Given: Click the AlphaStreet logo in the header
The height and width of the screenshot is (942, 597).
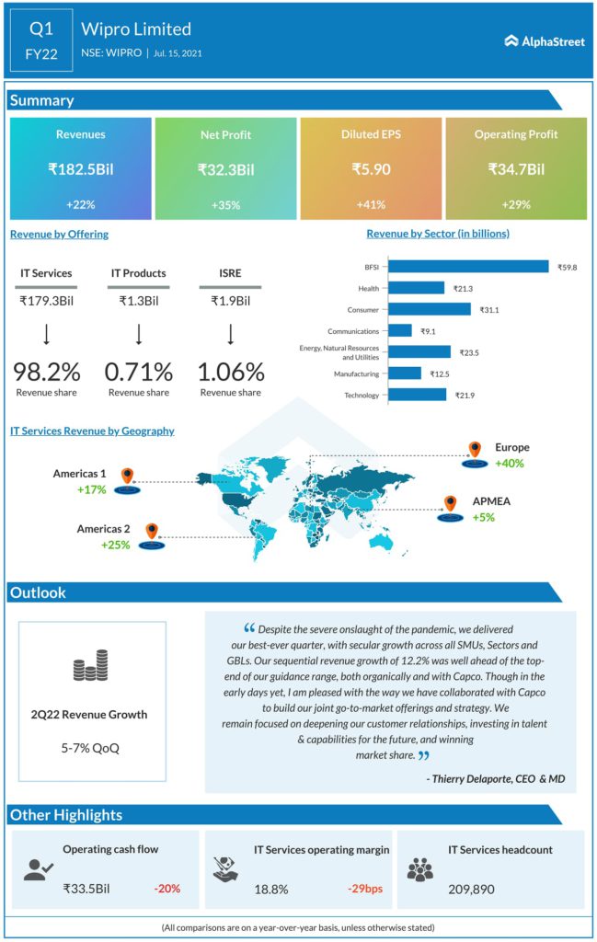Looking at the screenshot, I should [x=545, y=41].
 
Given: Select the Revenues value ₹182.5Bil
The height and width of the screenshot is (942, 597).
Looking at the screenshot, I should [x=80, y=169].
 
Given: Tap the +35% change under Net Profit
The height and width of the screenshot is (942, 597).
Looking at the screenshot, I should [x=225, y=204].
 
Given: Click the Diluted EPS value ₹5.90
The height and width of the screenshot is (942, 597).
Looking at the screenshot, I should [x=371, y=169].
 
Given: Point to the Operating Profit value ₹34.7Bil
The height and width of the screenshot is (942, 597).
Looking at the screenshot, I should [x=516, y=169].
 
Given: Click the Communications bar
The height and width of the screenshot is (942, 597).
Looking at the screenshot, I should [x=401, y=330].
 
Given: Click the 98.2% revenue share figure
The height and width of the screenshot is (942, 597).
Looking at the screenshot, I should [x=46, y=372].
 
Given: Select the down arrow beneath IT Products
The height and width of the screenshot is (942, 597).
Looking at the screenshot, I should [x=139, y=332].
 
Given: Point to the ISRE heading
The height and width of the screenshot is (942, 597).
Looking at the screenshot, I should [x=231, y=272].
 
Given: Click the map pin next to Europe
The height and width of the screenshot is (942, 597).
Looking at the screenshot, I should [x=476, y=449].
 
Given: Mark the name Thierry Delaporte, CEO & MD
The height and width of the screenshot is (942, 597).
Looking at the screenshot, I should [x=496, y=779].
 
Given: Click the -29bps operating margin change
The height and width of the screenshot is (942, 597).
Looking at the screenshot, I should [x=364, y=889].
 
